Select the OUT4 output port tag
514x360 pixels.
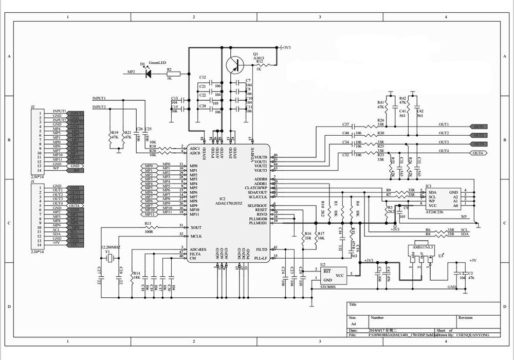(x=478, y=153)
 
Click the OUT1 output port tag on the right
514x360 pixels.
(x=479, y=127)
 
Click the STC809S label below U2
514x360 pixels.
(x=328, y=288)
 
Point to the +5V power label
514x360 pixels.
(x=473, y=261)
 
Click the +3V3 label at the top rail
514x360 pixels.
(x=286, y=47)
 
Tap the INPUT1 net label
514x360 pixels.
(x=99, y=98)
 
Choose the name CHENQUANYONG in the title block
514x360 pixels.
(x=474, y=335)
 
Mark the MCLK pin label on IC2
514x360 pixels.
(x=196, y=236)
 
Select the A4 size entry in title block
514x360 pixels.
(x=353, y=325)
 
